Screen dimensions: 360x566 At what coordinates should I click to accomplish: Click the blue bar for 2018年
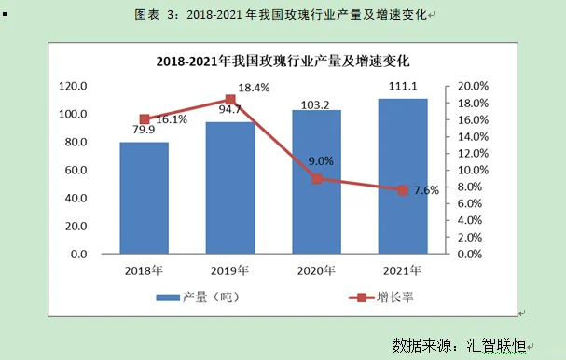click(144, 198)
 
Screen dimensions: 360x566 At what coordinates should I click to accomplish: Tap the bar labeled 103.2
click(316, 182)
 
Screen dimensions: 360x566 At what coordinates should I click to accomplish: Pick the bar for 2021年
click(403, 176)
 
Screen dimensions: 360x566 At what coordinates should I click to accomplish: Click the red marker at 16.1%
click(145, 119)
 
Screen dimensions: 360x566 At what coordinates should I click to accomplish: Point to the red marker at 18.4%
click(230, 100)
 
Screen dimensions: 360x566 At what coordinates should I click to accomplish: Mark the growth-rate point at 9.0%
click(317, 178)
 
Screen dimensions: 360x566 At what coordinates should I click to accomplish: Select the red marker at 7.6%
click(403, 190)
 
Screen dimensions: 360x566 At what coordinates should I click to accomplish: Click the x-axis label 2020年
click(316, 270)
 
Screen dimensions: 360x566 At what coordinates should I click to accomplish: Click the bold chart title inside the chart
click(283, 61)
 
